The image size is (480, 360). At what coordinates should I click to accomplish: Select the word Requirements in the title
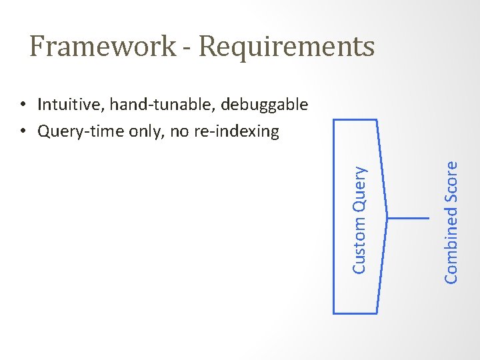(287, 47)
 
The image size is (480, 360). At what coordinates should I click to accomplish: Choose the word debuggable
(264, 105)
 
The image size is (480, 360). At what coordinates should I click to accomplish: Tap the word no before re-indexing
(179, 132)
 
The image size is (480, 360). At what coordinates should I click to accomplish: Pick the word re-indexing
(236, 132)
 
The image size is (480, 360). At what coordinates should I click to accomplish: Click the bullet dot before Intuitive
(23, 105)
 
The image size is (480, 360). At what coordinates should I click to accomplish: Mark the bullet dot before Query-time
(23, 132)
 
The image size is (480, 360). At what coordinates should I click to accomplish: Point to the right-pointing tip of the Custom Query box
(387, 217)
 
